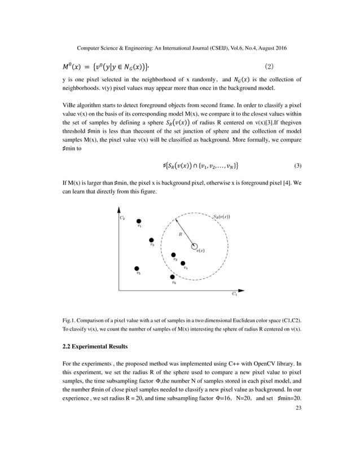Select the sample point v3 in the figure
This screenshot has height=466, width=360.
click(151, 240)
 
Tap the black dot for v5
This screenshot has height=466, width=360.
click(137, 269)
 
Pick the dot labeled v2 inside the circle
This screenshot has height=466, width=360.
click(174, 255)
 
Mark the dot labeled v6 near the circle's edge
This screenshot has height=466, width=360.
click(173, 276)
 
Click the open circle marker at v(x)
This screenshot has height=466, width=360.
click(195, 247)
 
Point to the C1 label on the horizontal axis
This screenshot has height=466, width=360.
click(234, 294)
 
